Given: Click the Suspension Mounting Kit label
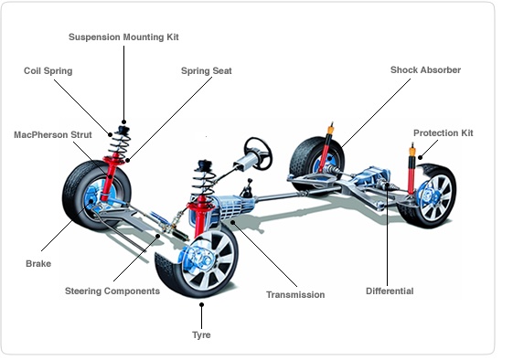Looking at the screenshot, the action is click(x=123, y=37).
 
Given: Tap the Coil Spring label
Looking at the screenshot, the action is click(x=48, y=71).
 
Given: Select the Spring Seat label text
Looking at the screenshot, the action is click(x=206, y=71).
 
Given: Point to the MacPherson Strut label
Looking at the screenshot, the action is click(x=53, y=134).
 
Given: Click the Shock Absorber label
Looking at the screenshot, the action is click(x=425, y=70).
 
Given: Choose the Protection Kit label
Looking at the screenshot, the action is click(x=443, y=133).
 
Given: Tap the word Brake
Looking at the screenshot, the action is click(x=38, y=263).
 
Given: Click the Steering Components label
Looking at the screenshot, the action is click(x=112, y=291).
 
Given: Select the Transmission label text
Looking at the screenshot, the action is click(x=295, y=294).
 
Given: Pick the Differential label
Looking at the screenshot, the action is click(x=390, y=291).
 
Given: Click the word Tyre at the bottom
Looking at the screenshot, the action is click(x=201, y=334).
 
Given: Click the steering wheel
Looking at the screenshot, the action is click(x=259, y=153).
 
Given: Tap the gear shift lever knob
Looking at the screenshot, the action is click(x=250, y=180).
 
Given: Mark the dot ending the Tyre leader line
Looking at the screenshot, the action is click(x=201, y=305).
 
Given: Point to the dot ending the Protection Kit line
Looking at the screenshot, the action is click(x=421, y=157).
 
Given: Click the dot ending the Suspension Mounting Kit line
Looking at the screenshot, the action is click(x=123, y=122).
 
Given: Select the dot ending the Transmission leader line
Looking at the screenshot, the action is click(x=233, y=223).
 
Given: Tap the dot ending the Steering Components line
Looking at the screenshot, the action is click(x=157, y=236).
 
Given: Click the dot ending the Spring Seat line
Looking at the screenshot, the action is click(x=128, y=160).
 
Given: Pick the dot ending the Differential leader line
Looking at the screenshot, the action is click(x=387, y=185).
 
